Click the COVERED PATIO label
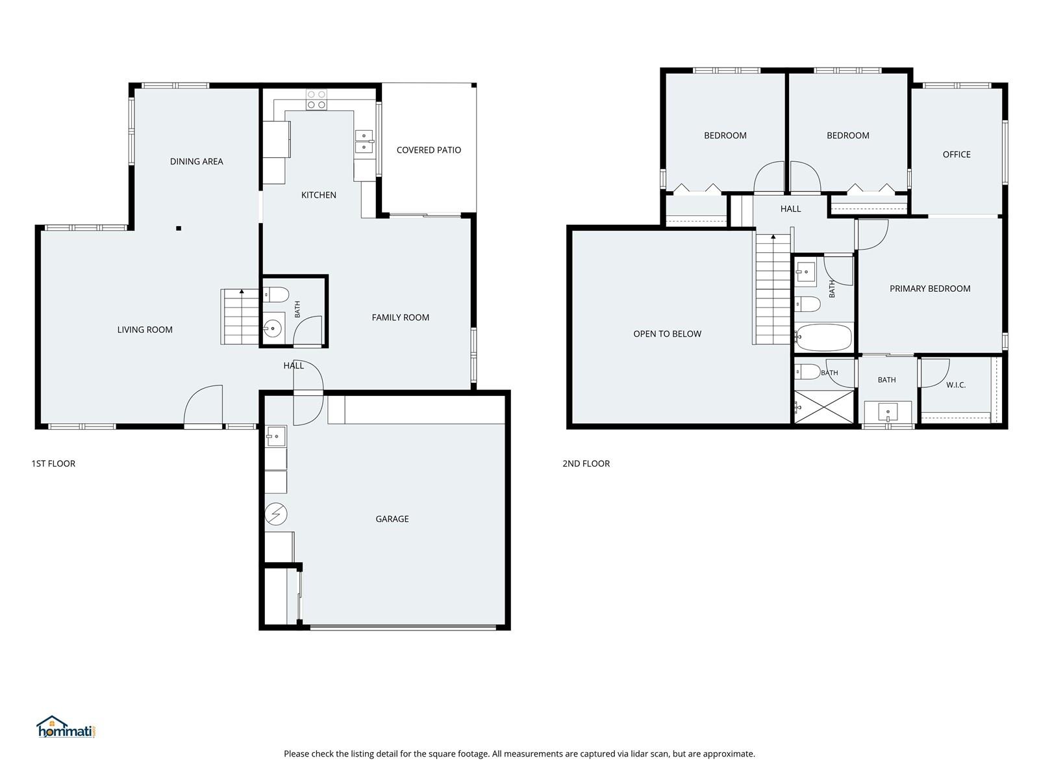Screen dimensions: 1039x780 click(429, 150)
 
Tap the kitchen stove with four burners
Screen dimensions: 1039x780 click(316, 99)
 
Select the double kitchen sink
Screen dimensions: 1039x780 click(364, 141)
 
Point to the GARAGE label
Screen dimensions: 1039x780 click(392, 519)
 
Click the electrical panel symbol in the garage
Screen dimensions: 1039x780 click(276, 514)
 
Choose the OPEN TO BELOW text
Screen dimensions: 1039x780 click(667, 334)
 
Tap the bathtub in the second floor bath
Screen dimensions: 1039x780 click(823, 337)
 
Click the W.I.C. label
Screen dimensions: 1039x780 click(956, 385)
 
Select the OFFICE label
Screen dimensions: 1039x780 click(956, 155)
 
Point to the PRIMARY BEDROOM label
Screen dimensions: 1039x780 click(930, 289)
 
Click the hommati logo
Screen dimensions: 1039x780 click(66, 727)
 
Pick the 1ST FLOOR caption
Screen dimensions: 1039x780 click(53, 463)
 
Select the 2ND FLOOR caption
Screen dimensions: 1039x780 click(586, 463)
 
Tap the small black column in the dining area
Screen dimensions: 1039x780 click(179, 228)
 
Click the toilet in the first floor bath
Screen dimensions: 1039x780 click(275, 294)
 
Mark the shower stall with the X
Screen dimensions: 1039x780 click(823, 407)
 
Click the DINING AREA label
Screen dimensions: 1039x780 click(197, 161)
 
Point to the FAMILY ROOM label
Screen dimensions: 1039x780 click(401, 318)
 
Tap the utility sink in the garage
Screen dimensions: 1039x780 click(275, 436)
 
